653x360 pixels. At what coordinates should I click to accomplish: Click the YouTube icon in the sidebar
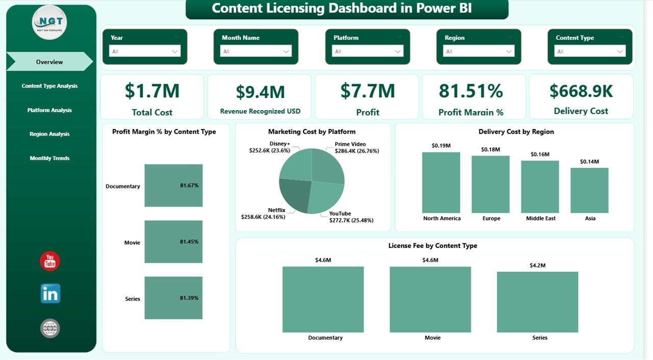click(x=50, y=261)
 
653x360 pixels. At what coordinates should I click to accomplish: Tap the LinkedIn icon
click(x=50, y=294)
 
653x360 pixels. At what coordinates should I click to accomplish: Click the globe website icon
click(x=50, y=328)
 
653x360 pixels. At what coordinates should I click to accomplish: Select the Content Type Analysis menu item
click(x=49, y=86)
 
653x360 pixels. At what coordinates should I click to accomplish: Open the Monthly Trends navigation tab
click(x=49, y=158)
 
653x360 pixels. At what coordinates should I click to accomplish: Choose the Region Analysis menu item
click(x=49, y=134)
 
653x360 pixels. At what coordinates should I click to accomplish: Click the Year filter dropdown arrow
click(x=175, y=52)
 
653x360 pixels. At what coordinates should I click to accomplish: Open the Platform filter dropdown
click(x=367, y=52)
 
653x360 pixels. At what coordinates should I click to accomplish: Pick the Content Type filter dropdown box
click(x=590, y=52)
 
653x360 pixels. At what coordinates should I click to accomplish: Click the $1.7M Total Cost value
click(x=152, y=91)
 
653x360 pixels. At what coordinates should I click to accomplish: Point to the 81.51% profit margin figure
click(x=471, y=91)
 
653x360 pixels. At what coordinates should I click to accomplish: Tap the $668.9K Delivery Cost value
click(x=581, y=91)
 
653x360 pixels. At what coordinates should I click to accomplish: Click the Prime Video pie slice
click(x=328, y=166)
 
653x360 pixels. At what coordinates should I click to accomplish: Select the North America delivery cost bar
click(x=441, y=183)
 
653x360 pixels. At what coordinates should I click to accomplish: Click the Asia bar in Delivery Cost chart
click(x=590, y=190)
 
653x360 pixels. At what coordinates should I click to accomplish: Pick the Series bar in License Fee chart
click(x=538, y=302)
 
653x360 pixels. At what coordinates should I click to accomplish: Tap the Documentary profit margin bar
click(x=173, y=186)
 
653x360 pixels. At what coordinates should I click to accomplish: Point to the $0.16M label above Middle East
click(x=540, y=154)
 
